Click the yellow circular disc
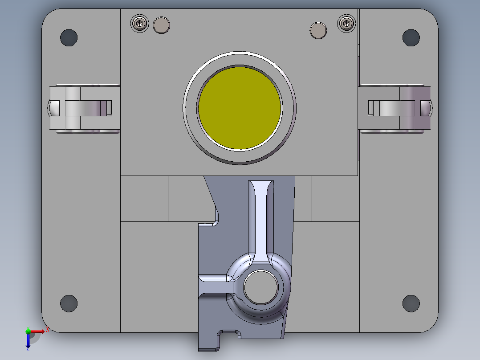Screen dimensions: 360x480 coord(240,108)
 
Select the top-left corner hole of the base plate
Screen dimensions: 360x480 coord(69,38)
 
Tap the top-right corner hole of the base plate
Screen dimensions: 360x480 coord(411,38)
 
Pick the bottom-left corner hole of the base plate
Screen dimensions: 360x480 coord(69,303)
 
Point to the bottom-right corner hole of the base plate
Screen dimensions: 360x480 coord(411,303)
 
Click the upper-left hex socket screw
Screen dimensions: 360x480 coord(141,23)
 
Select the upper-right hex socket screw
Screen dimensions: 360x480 coord(347,23)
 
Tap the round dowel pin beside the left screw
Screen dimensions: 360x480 coord(161,25)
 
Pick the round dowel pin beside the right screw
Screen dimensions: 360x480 coord(318,30)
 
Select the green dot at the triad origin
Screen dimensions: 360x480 coord(28,331)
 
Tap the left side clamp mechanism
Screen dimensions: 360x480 coord(83,108)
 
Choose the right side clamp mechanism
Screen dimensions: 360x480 coord(396,108)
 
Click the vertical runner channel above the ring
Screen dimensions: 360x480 coord(261,218)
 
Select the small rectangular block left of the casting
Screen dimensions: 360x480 coord(144,198)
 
